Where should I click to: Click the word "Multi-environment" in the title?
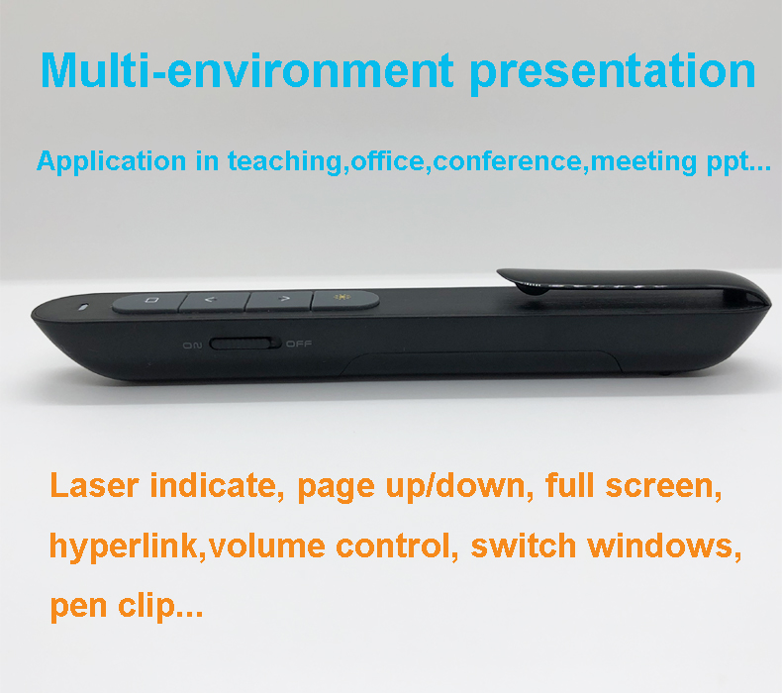click(246, 71)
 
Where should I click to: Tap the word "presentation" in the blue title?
click(613, 74)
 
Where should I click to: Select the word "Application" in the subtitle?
click(112, 162)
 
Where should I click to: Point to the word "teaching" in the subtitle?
click(285, 162)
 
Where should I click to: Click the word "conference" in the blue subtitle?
click(507, 161)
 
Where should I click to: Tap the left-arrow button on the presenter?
click(214, 301)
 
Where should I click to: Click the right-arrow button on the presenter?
click(280, 300)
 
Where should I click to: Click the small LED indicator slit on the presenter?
click(83, 306)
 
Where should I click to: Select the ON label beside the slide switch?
click(192, 346)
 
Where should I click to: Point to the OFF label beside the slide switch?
click(299, 344)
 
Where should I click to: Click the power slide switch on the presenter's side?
click(244, 344)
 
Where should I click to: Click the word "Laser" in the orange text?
click(94, 485)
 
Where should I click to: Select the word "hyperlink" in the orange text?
click(124, 546)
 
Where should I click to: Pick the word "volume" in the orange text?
click(267, 545)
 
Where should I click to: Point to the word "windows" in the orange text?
click(660, 545)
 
